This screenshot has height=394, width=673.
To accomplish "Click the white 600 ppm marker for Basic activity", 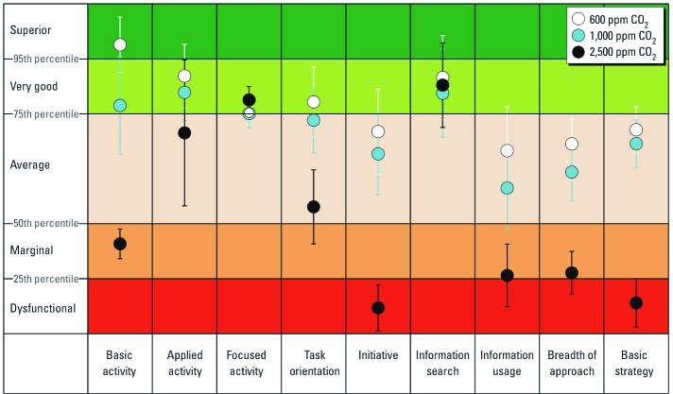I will click(x=119, y=45).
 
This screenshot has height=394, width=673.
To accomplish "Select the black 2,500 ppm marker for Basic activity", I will click(x=119, y=244).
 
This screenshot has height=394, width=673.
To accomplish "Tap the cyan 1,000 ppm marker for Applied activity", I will click(x=184, y=93).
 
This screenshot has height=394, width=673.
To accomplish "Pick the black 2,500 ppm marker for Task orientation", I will click(x=313, y=207).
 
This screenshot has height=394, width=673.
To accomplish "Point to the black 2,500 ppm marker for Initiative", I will click(x=378, y=308).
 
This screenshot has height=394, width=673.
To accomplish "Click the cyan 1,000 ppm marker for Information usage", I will click(x=507, y=188).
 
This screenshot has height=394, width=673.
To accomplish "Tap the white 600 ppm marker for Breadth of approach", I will click(x=571, y=144).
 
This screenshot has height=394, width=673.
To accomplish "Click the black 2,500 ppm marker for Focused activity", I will click(x=250, y=100).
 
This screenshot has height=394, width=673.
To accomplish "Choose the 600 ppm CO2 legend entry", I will click(x=614, y=19).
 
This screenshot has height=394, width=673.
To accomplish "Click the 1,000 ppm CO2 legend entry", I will click(x=614, y=37).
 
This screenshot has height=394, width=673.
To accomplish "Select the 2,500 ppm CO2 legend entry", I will click(x=614, y=54).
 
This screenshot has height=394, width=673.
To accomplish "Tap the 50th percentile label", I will click(x=44, y=223).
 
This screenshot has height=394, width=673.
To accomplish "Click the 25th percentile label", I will click(x=44, y=279).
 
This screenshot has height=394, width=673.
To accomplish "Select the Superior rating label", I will click(x=30, y=30).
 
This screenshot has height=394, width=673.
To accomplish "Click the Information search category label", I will click(x=442, y=363).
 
